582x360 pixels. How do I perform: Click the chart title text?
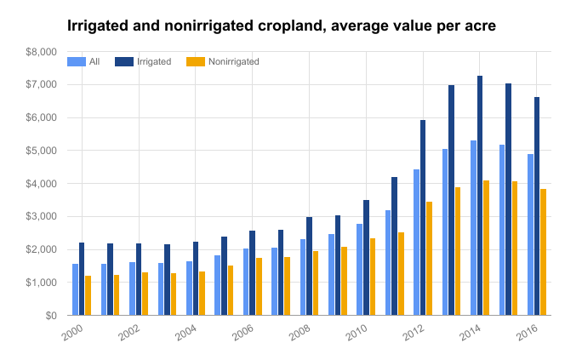pyautogui.click(x=281, y=26)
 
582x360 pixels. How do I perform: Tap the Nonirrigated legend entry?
pyautogui.click(x=224, y=61)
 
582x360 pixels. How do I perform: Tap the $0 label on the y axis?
pyautogui.click(x=50, y=316)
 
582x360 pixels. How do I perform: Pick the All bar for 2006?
pyautogui.click(x=246, y=282)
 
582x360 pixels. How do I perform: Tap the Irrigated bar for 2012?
pyautogui.click(x=423, y=218)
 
